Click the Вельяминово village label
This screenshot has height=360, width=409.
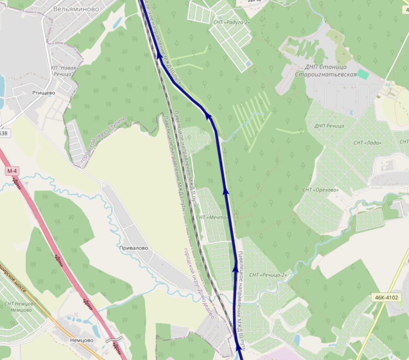click(76, 9)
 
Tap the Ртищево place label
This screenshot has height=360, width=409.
click(43, 93)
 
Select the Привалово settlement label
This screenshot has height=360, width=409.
click(133, 248)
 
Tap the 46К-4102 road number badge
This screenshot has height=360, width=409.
click(386, 298)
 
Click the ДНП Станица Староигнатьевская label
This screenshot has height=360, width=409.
click(326, 71)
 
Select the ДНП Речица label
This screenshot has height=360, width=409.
click(329, 126)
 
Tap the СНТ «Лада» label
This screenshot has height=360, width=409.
click(368, 142)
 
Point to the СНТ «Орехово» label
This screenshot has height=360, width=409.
click(320, 190)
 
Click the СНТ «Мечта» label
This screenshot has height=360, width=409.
click(212, 218)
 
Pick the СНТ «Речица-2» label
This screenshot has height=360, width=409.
click(267, 275)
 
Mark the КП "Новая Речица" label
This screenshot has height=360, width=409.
click(63, 71)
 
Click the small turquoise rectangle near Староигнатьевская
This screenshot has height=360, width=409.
click(363, 74)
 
